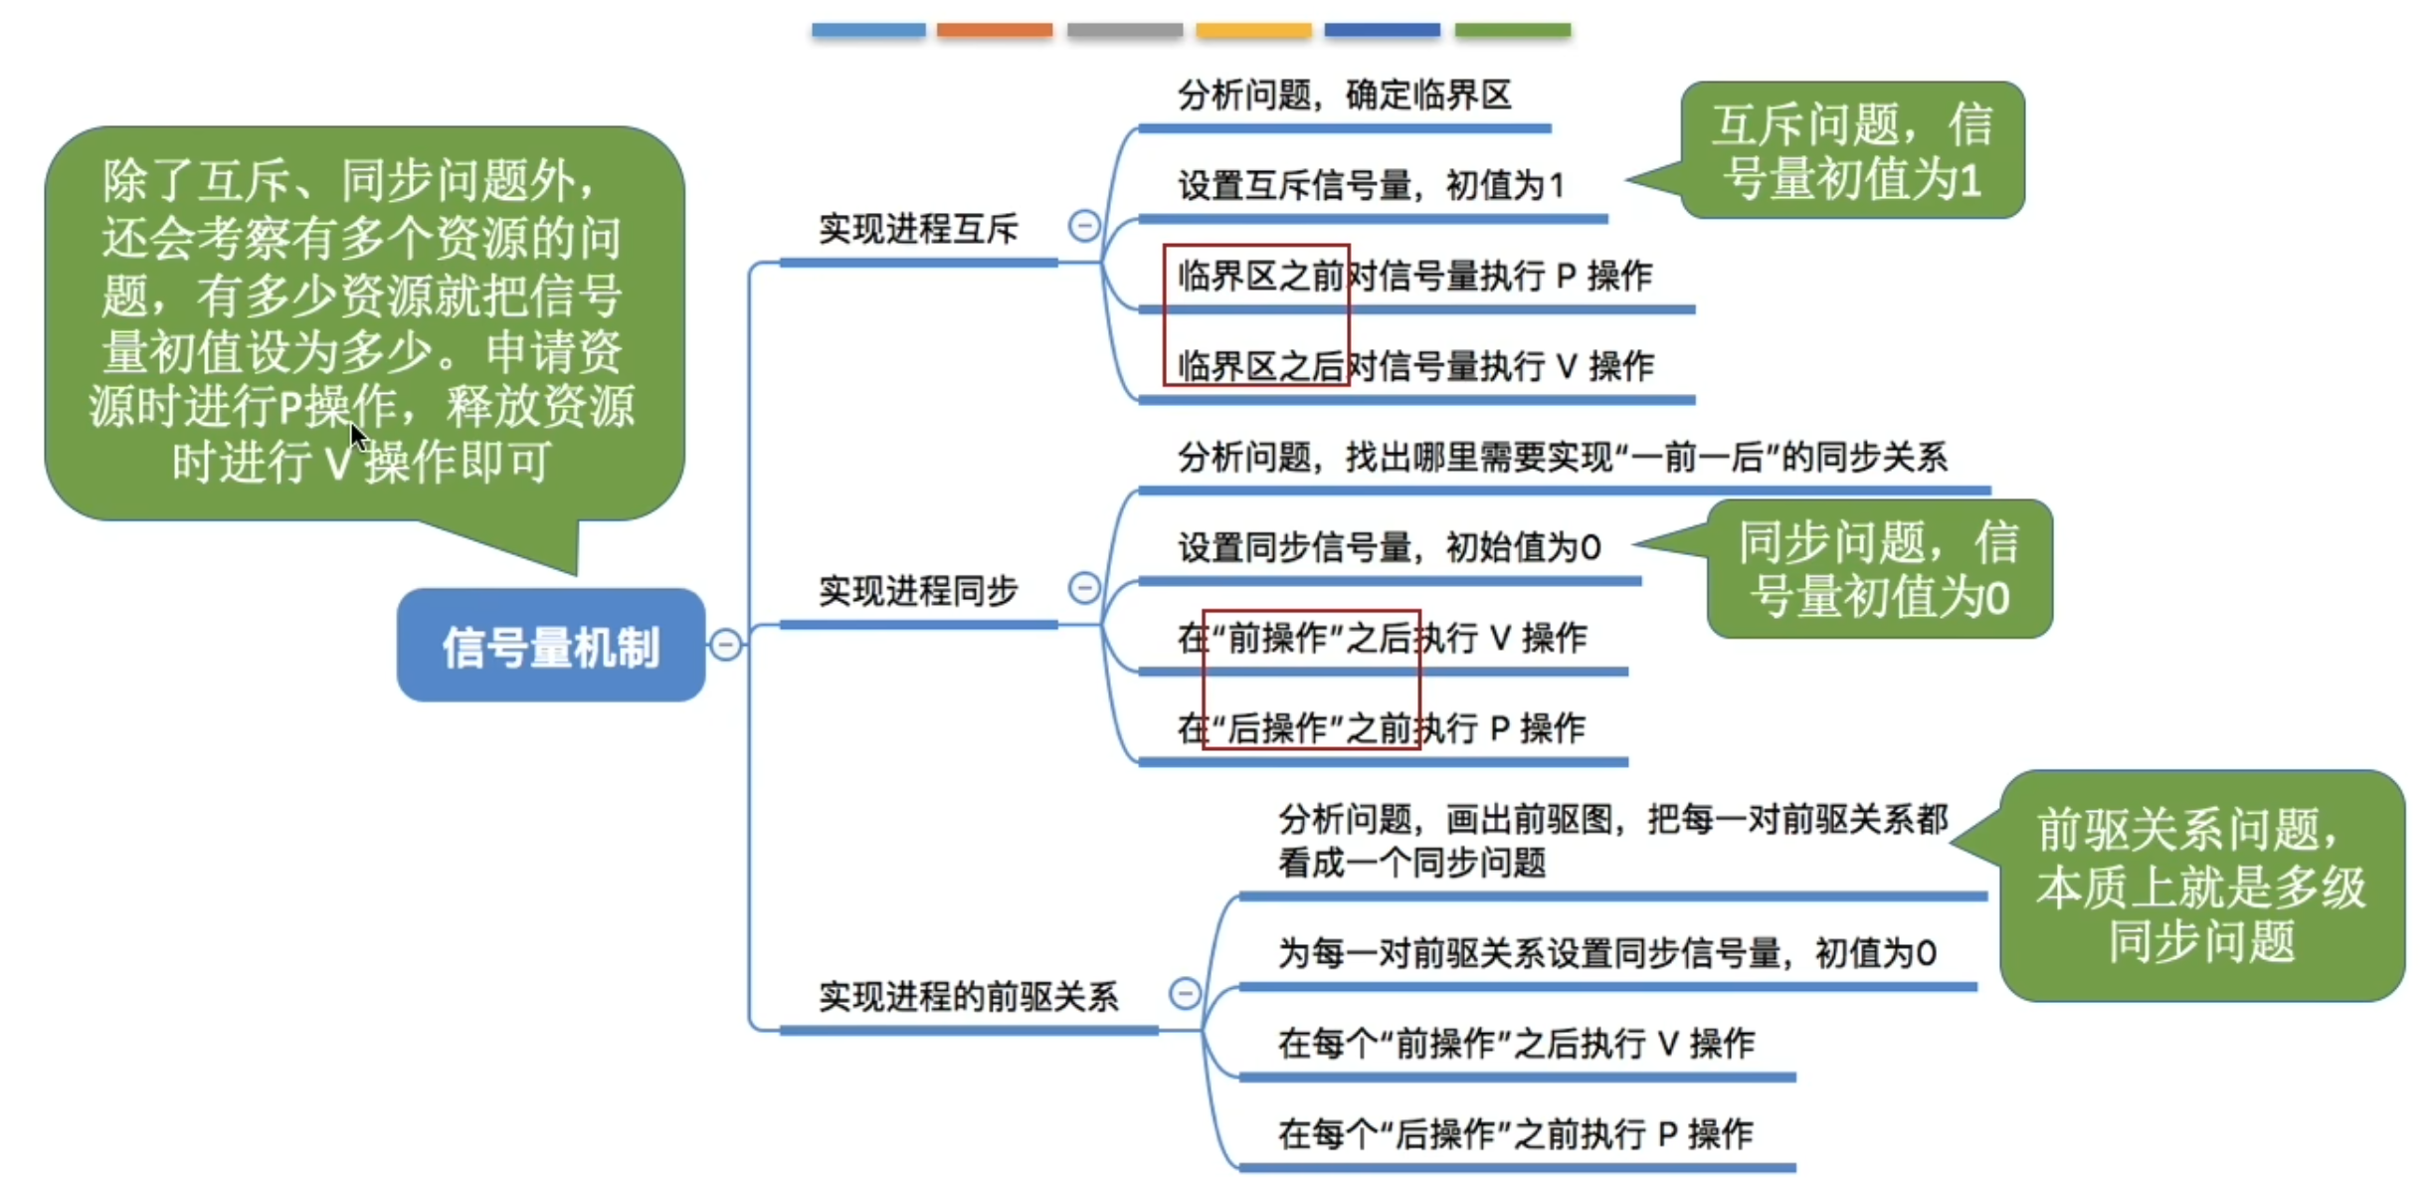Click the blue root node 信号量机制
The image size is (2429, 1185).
point(550,646)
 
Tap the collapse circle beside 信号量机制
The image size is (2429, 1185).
point(726,645)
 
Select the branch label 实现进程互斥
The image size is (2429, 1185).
point(917,230)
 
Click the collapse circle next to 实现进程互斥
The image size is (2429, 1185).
point(1083,226)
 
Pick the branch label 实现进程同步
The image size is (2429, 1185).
point(917,591)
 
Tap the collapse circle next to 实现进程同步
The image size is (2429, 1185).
point(1083,588)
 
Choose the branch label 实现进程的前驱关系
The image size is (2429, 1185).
point(968,996)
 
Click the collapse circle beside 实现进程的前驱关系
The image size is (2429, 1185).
point(1184,993)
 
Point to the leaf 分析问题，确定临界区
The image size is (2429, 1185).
point(1344,96)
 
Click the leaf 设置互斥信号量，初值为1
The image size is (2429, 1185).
point(1371,185)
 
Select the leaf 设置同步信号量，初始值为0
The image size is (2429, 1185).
point(1389,547)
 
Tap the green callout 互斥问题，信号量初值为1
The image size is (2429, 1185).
point(1851,151)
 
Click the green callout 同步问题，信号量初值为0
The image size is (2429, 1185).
point(1879,569)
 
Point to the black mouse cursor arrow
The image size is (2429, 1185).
point(358,436)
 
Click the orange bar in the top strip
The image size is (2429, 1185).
point(994,31)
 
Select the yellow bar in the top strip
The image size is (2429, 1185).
point(1252,31)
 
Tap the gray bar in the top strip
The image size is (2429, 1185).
point(1124,31)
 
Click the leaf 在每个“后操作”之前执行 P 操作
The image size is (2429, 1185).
point(1515,1134)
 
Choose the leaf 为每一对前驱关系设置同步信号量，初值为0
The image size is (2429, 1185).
point(1606,953)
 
